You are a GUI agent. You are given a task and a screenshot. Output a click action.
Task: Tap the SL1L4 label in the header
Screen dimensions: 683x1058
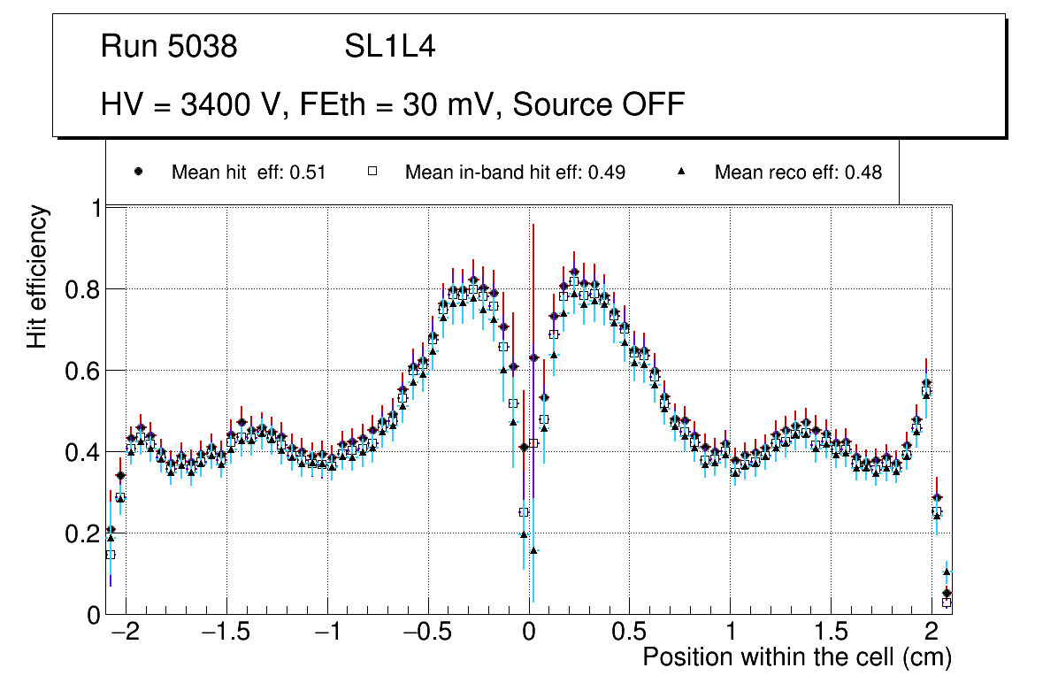point(389,47)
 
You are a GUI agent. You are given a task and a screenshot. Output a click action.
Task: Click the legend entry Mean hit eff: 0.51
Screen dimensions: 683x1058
point(249,173)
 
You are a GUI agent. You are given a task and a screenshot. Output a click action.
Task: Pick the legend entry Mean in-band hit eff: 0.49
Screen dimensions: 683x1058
point(515,173)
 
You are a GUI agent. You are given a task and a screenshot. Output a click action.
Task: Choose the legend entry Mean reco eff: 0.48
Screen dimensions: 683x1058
point(798,173)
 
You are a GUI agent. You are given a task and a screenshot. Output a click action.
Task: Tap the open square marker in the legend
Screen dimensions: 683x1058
point(372,172)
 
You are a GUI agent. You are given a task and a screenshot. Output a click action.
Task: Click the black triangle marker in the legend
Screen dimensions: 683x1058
point(682,172)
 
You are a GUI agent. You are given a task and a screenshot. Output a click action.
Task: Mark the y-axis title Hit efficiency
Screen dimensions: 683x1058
point(37,276)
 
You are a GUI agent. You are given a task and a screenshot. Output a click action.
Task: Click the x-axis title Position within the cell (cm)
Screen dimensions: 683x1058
point(796,658)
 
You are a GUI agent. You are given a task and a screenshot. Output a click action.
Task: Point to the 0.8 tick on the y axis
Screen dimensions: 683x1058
point(82,289)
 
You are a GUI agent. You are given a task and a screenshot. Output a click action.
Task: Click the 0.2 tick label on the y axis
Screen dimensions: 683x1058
point(82,533)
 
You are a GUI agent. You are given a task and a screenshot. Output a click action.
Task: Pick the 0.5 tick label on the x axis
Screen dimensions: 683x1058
point(629,633)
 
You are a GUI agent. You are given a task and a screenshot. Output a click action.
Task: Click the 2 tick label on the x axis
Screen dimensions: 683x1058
point(931,633)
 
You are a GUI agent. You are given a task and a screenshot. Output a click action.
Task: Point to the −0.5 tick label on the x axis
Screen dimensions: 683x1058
point(427,633)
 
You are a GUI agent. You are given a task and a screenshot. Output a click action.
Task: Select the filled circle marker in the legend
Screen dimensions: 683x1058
point(139,172)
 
